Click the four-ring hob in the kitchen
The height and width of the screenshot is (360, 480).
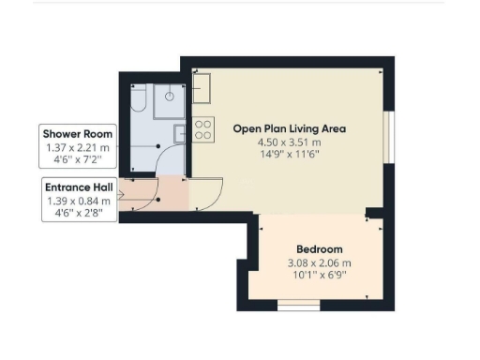202,129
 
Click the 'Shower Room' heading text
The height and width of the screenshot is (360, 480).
78,134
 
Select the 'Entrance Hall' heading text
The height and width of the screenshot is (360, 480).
78,187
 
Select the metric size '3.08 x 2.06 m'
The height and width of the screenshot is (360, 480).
321,263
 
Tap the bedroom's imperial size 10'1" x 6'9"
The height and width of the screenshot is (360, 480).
321,276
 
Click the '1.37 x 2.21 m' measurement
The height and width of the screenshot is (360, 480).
78,147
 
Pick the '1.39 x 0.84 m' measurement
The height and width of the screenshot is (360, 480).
78,201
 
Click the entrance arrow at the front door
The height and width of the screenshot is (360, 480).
121,198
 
